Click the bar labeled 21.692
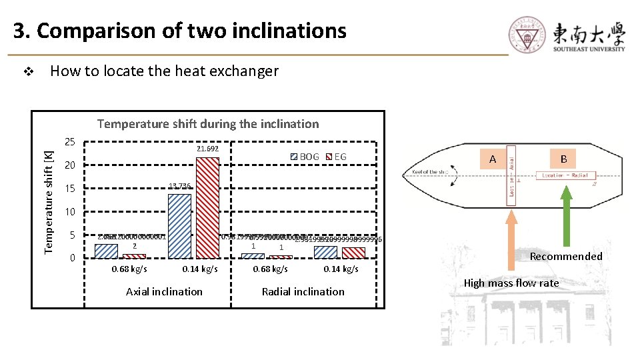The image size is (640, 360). point(208,208)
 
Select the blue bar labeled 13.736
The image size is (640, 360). point(180,226)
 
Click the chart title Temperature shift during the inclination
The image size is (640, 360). point(208,124)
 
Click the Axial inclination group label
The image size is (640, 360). point(164,291)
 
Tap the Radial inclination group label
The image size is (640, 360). point(303,291)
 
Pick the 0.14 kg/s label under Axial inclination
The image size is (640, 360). point(200,269)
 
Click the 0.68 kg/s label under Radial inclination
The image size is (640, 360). point(271,269)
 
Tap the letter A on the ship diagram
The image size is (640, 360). point(493,159)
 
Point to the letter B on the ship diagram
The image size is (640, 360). point(563,159)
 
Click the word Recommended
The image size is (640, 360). point(566,257)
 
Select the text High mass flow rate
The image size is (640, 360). point(511,283)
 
